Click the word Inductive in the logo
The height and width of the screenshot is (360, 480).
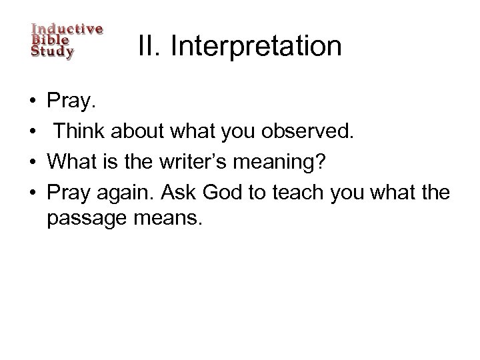(x=67, y=29)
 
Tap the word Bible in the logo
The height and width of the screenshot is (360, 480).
(x=50, y=40)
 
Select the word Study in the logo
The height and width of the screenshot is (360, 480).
(x=53, y=51)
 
